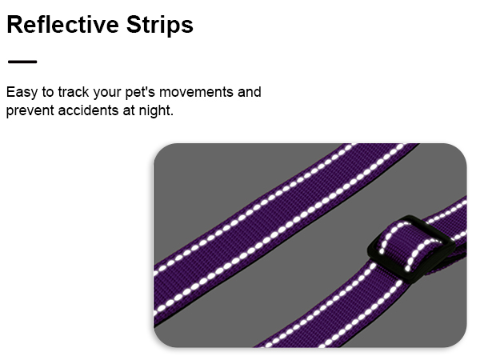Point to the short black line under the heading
coord(22,62)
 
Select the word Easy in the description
coord(21,92)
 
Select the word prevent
coord(29,110)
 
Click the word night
coord(155,110)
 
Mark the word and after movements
coord(249,92)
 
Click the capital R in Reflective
coord(14,25)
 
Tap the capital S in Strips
coord(114,25)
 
